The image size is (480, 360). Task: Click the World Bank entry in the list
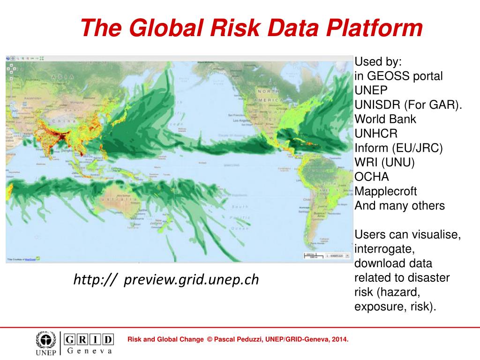pos(385,119)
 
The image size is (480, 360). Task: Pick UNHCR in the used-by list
pos(376,134)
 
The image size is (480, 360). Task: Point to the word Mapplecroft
pos(385,191)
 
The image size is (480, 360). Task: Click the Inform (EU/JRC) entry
pos(398,148)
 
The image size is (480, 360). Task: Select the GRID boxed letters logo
pos(89,339)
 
